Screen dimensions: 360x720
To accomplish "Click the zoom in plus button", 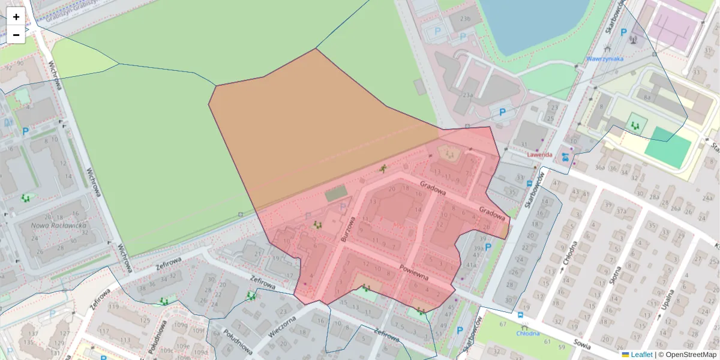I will [x=16, y=17].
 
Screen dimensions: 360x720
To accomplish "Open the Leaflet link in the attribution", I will [x=641, y=355].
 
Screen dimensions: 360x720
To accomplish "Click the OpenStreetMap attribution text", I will [x=690, y=355].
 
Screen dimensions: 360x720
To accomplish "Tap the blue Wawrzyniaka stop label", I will [x=605, y=59].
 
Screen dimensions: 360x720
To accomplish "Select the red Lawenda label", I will [x=539, y=154].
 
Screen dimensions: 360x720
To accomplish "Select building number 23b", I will [x=465, y=19].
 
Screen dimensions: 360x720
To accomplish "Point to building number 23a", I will [x=467, y=95].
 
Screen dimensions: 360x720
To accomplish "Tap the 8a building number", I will [x=646, y=97].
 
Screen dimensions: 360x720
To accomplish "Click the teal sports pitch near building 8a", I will [x=667, y=147].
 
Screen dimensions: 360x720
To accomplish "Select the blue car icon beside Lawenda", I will [x=565, y=157].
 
